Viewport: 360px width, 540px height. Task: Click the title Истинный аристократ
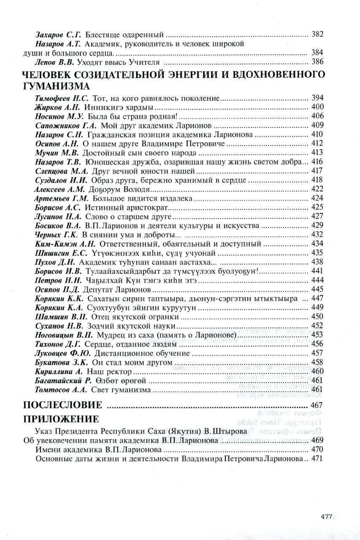(127, 207)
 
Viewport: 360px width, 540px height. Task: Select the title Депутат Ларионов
(119, 290)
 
